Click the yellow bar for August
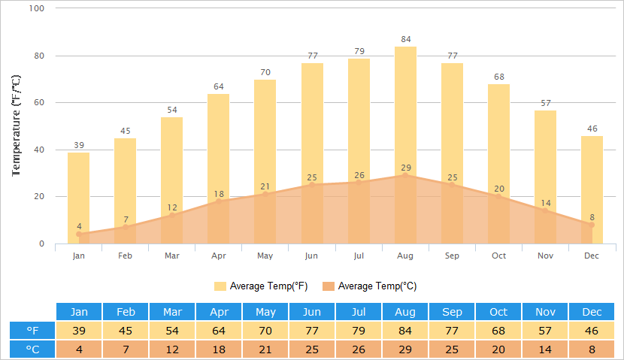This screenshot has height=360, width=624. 405,113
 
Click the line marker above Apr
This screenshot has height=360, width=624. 219,201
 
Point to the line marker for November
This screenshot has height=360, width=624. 545,210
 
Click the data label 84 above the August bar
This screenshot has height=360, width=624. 405,39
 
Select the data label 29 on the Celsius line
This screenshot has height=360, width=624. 405,167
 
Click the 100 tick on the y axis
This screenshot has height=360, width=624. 37,8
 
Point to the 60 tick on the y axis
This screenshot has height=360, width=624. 39,103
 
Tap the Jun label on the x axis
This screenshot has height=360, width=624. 312,256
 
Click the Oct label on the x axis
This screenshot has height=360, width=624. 498,256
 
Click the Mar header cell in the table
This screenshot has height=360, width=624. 172,312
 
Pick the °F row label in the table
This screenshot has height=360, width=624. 32,331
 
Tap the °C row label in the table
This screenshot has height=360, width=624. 32,349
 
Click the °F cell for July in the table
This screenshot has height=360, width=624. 359,331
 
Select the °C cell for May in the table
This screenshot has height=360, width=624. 265,349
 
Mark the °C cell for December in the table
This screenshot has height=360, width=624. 592,349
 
